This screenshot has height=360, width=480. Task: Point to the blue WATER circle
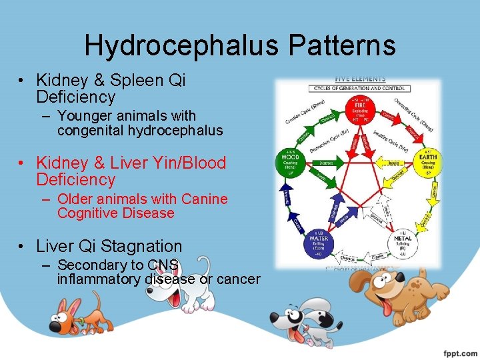pos(320,243)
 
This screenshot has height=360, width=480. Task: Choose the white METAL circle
pos(403,243)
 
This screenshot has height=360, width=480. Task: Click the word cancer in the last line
pos(239,279)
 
